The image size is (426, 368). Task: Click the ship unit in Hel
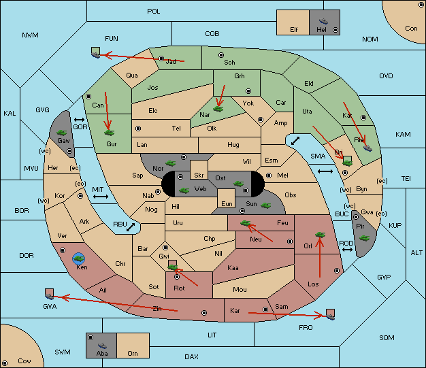coord(323,21)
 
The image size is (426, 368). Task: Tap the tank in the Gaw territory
coord(62,133)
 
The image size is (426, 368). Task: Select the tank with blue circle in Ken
coord(79,258)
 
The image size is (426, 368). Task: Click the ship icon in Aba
coord(102,346)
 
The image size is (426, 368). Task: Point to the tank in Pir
coord(364,238)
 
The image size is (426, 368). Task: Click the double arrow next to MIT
coord(101,197)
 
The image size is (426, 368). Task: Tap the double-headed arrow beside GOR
coord(79,120)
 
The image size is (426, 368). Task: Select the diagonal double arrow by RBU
coord(131,227)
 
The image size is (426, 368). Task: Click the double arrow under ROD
coord(347,250)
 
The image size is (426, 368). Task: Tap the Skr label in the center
coord(199,175)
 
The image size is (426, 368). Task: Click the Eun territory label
coord(227,203)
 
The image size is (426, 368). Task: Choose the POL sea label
coord(154,12)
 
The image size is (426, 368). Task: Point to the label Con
coord(411,29)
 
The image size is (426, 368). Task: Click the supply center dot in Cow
coord(5,363)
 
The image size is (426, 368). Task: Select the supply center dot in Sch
coord(221,55)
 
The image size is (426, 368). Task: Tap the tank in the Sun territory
coord(265,205)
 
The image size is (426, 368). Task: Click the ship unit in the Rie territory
coord(367,148)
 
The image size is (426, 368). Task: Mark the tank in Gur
coord(109,133)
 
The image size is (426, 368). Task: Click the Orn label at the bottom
coord(133,353)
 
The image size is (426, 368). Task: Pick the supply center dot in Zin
coord(204,313)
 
